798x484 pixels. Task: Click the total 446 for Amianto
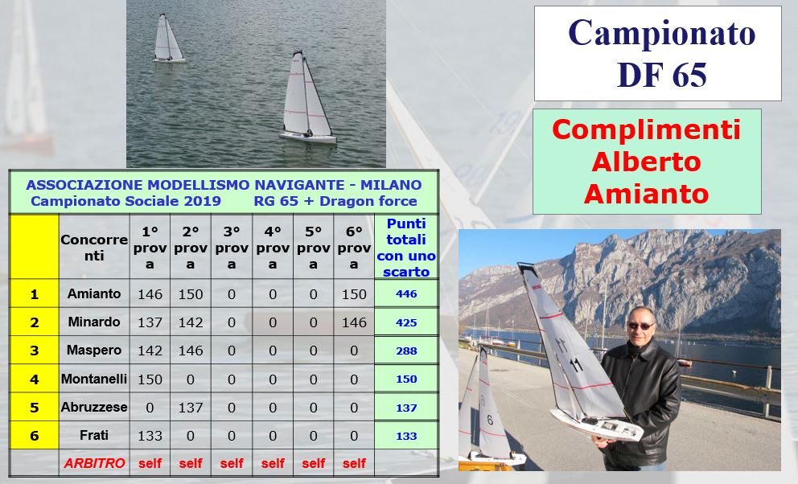tap(406, 294)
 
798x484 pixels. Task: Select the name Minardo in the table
tap(94, 322)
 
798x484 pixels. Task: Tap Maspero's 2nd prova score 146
tap(191, 351)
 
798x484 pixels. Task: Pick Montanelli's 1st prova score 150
tap(150, 379)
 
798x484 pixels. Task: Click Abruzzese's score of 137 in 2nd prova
tap(191, 408)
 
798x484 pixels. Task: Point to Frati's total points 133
tap(406, 437)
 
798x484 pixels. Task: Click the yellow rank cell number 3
tap(34, 351)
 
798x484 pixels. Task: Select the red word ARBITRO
tap(94, 463)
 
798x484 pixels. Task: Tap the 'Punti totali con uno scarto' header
tap(406, 248)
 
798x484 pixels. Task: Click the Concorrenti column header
tap(94, 248)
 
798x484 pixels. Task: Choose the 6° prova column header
tap(354, 248)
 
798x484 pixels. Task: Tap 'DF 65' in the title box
tap(661, 75)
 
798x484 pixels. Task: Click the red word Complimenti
tap(646, 129)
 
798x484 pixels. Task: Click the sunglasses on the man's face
tap(640, 326)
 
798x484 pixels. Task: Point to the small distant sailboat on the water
tap(168, 39)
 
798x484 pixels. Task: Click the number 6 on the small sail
tap(490, 420)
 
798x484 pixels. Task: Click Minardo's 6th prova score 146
tap(354, 322)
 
